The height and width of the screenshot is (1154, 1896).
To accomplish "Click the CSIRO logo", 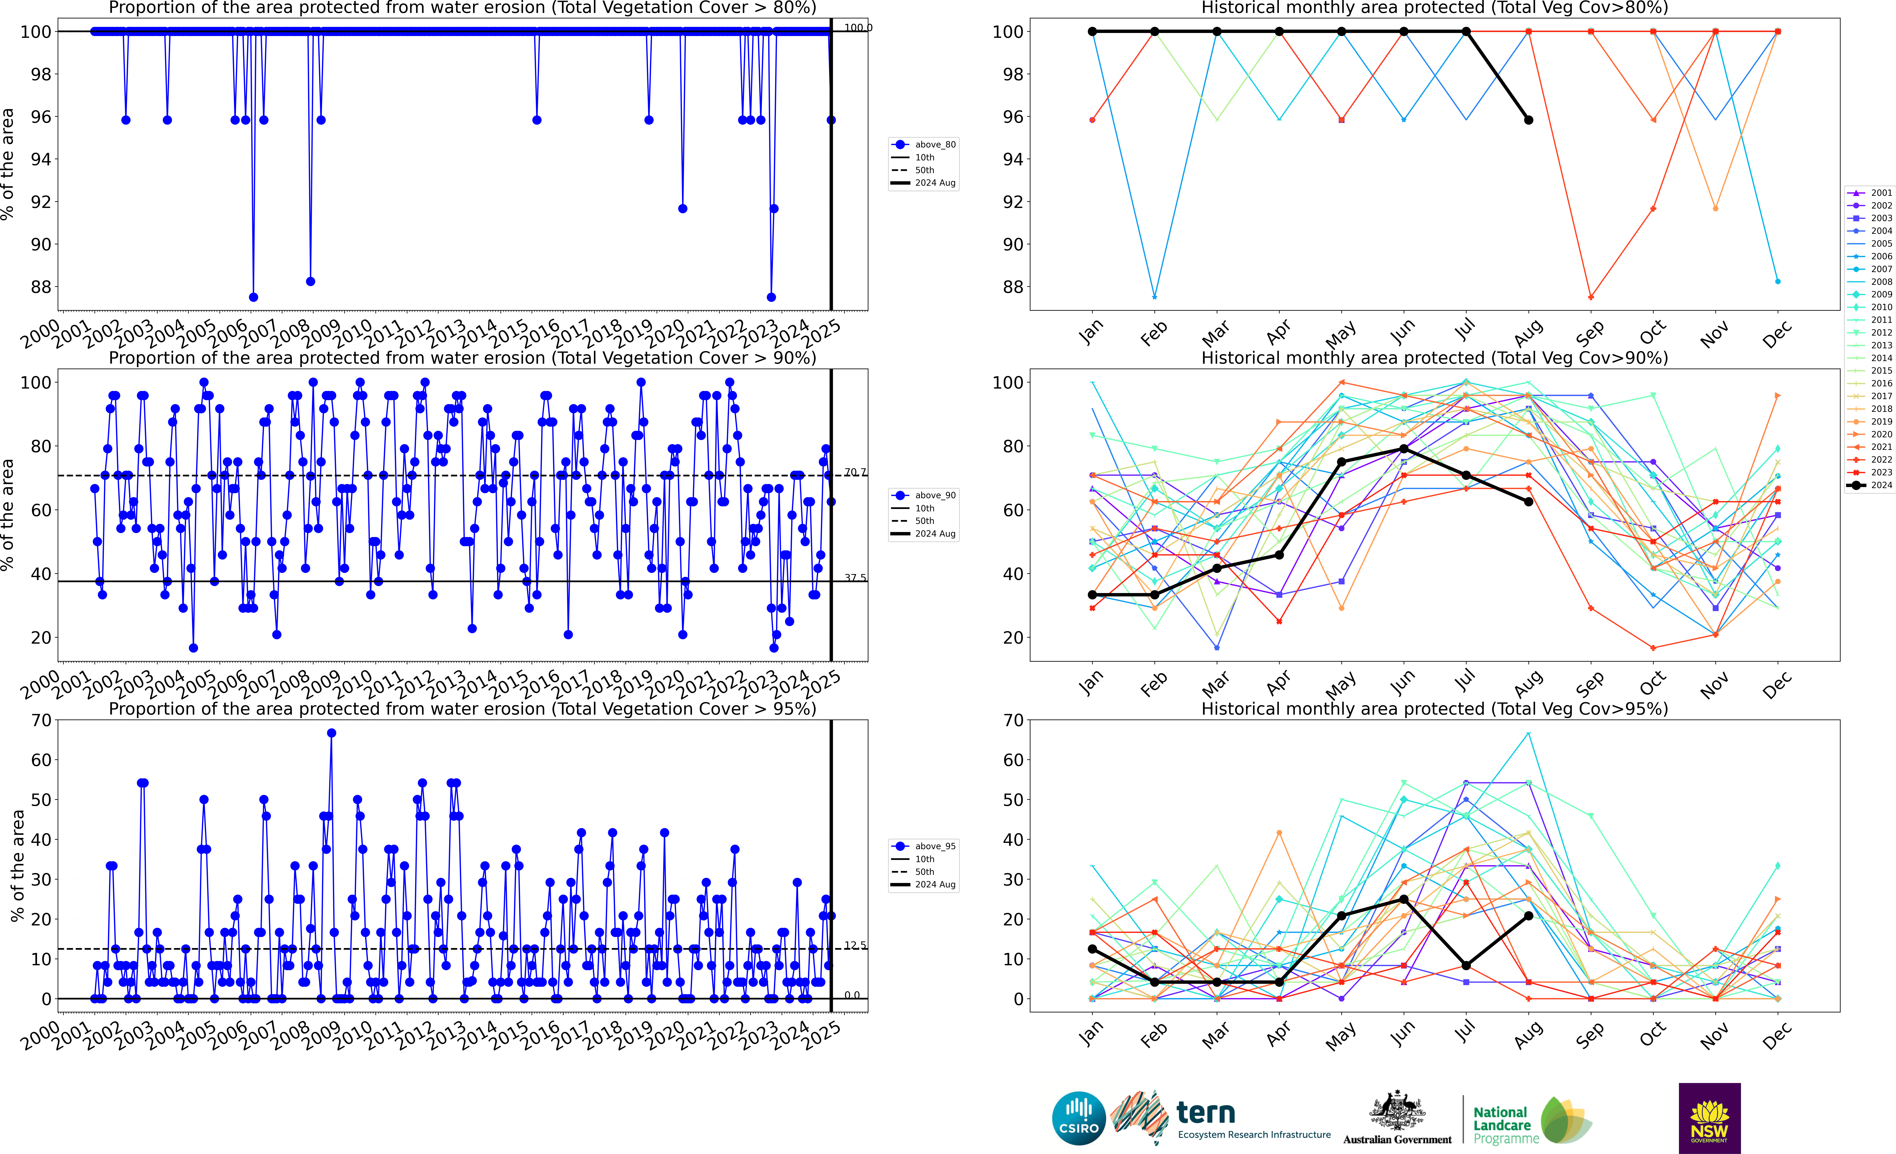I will click(1079, 1118).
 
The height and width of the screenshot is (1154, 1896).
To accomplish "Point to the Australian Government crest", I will click(1397, 1113).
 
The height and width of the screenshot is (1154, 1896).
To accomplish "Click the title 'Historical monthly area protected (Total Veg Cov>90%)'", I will click(1434, 358).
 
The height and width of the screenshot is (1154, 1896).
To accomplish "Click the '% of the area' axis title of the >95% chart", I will click(17, 866).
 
